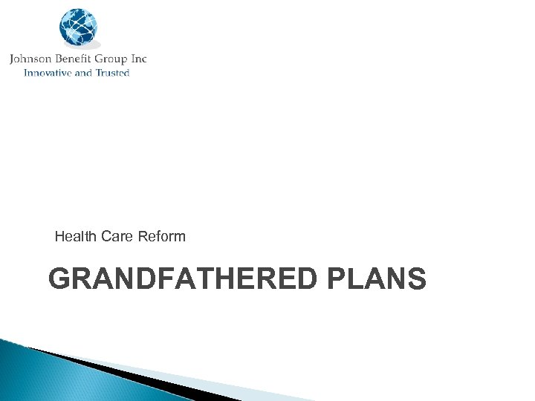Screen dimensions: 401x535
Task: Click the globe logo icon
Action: [x=78, y=28]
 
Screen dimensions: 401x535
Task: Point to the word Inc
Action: [x=138, y=59]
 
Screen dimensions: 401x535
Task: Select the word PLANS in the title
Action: [x=376, y=279]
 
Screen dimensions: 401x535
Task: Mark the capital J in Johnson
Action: [x=13, y=59]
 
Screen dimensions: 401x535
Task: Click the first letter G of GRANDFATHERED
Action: [x=59, y=279]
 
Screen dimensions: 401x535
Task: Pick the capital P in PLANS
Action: [x=335, y=279]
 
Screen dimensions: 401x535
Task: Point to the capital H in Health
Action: [x=59, y=237]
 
